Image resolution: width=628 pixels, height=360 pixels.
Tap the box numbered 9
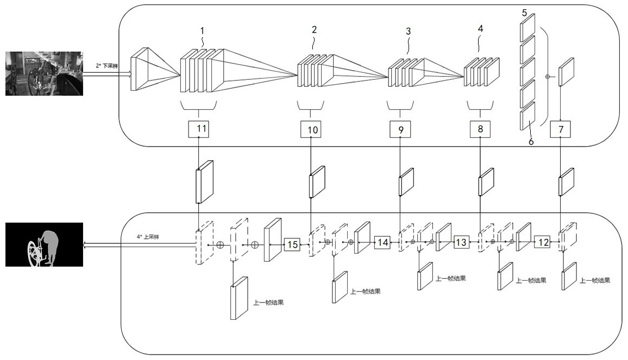pyautogui.click(x=400, y=129)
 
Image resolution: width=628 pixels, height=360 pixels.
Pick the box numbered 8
pyautogui.click(x=480, y=129)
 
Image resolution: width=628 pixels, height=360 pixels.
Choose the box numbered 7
pyautogui.click(x=560, y=129)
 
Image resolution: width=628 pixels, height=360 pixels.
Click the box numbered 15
pyautogui.click(x=292, y=244)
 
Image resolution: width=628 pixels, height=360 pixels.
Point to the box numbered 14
pyautogui.click(x=382, y=242)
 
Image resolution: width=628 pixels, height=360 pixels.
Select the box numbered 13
pyautogui.click(x=461, y=242)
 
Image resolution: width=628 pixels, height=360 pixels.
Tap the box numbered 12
pyautogui.click(x=543, y=242)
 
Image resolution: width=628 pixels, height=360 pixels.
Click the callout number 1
pyautogui.click(x=202, y=30)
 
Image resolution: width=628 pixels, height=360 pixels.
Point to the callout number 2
pyautogui.click(x=315, y=29)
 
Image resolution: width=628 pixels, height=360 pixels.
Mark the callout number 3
pyautogui.click(x=408, y=31)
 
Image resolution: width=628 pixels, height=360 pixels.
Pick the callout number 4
pyautogui.click(x=481, y=28)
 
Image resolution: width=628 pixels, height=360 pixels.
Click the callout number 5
pyautogui.click(x=525, y=13)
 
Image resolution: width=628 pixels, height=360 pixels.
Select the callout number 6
pyautogui.click(x=531, y=141)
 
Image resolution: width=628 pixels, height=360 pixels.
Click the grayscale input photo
pyautogui.click(x=44, y=73)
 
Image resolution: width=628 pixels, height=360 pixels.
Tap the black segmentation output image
pyautogui.click(x=44, y=245)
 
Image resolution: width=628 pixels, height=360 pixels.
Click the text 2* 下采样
pyautogui.click(x=106, y=66)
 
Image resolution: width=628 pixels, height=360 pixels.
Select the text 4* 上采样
pyautogui.click(x=148, y=237)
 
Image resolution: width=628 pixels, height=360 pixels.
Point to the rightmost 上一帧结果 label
pyautogui.click(x=595, y=281)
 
